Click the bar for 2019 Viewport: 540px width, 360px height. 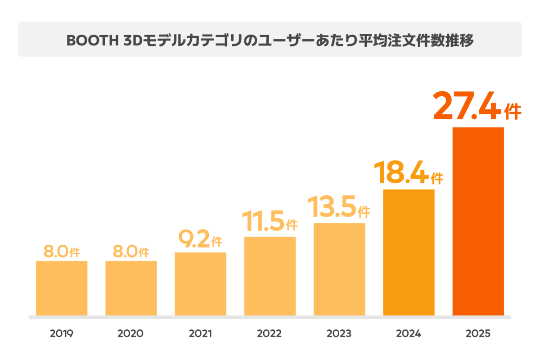(62, 288)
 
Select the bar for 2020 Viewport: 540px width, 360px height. (131, 288)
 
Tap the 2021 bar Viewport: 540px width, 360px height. (201, 284)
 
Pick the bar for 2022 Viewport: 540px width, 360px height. (270, 276)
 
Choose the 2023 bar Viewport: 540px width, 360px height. (339, 270)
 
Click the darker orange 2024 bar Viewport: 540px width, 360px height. (409, 252)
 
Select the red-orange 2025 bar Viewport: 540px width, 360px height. (478, 221)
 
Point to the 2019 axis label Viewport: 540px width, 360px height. (62, 333)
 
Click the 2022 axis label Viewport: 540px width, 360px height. (269, 333)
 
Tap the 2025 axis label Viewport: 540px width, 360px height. (478, 333)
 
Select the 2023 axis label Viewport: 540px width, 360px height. (339, 333)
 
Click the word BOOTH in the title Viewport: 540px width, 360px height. (93, 40)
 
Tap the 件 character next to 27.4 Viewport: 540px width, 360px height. (513, 112)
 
